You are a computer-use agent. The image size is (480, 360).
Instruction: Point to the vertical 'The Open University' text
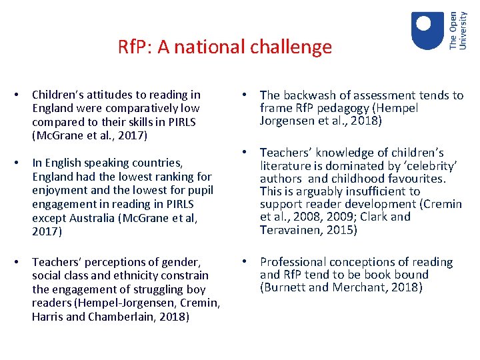click(x=458, y=30)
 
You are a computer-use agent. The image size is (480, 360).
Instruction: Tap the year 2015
click(x=341, y=230)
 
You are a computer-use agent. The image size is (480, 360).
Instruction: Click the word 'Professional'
click(x=294, y=262)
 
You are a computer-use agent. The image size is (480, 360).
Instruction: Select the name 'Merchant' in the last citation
click(x=361, y=287)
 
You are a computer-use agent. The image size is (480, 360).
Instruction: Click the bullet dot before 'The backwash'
click(x=246, y=95)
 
